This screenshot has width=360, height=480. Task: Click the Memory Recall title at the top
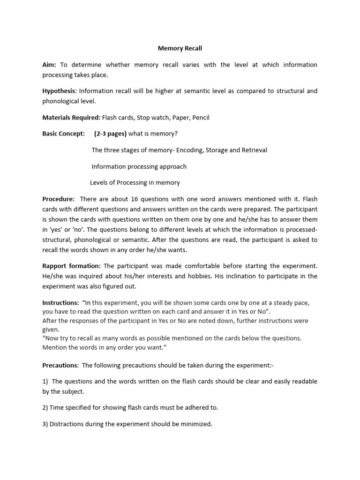180,48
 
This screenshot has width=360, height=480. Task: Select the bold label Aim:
49,65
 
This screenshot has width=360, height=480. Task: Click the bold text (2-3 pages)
110,134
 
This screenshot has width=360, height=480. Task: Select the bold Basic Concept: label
64,134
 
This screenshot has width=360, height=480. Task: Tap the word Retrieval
254,150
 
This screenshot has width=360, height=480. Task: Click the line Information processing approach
139,166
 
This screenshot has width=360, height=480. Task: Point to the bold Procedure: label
59,199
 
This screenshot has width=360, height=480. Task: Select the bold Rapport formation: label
71,266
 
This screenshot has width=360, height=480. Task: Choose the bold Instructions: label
60,303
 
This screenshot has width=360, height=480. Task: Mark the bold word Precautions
60,365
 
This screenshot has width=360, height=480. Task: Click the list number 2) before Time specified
45,407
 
